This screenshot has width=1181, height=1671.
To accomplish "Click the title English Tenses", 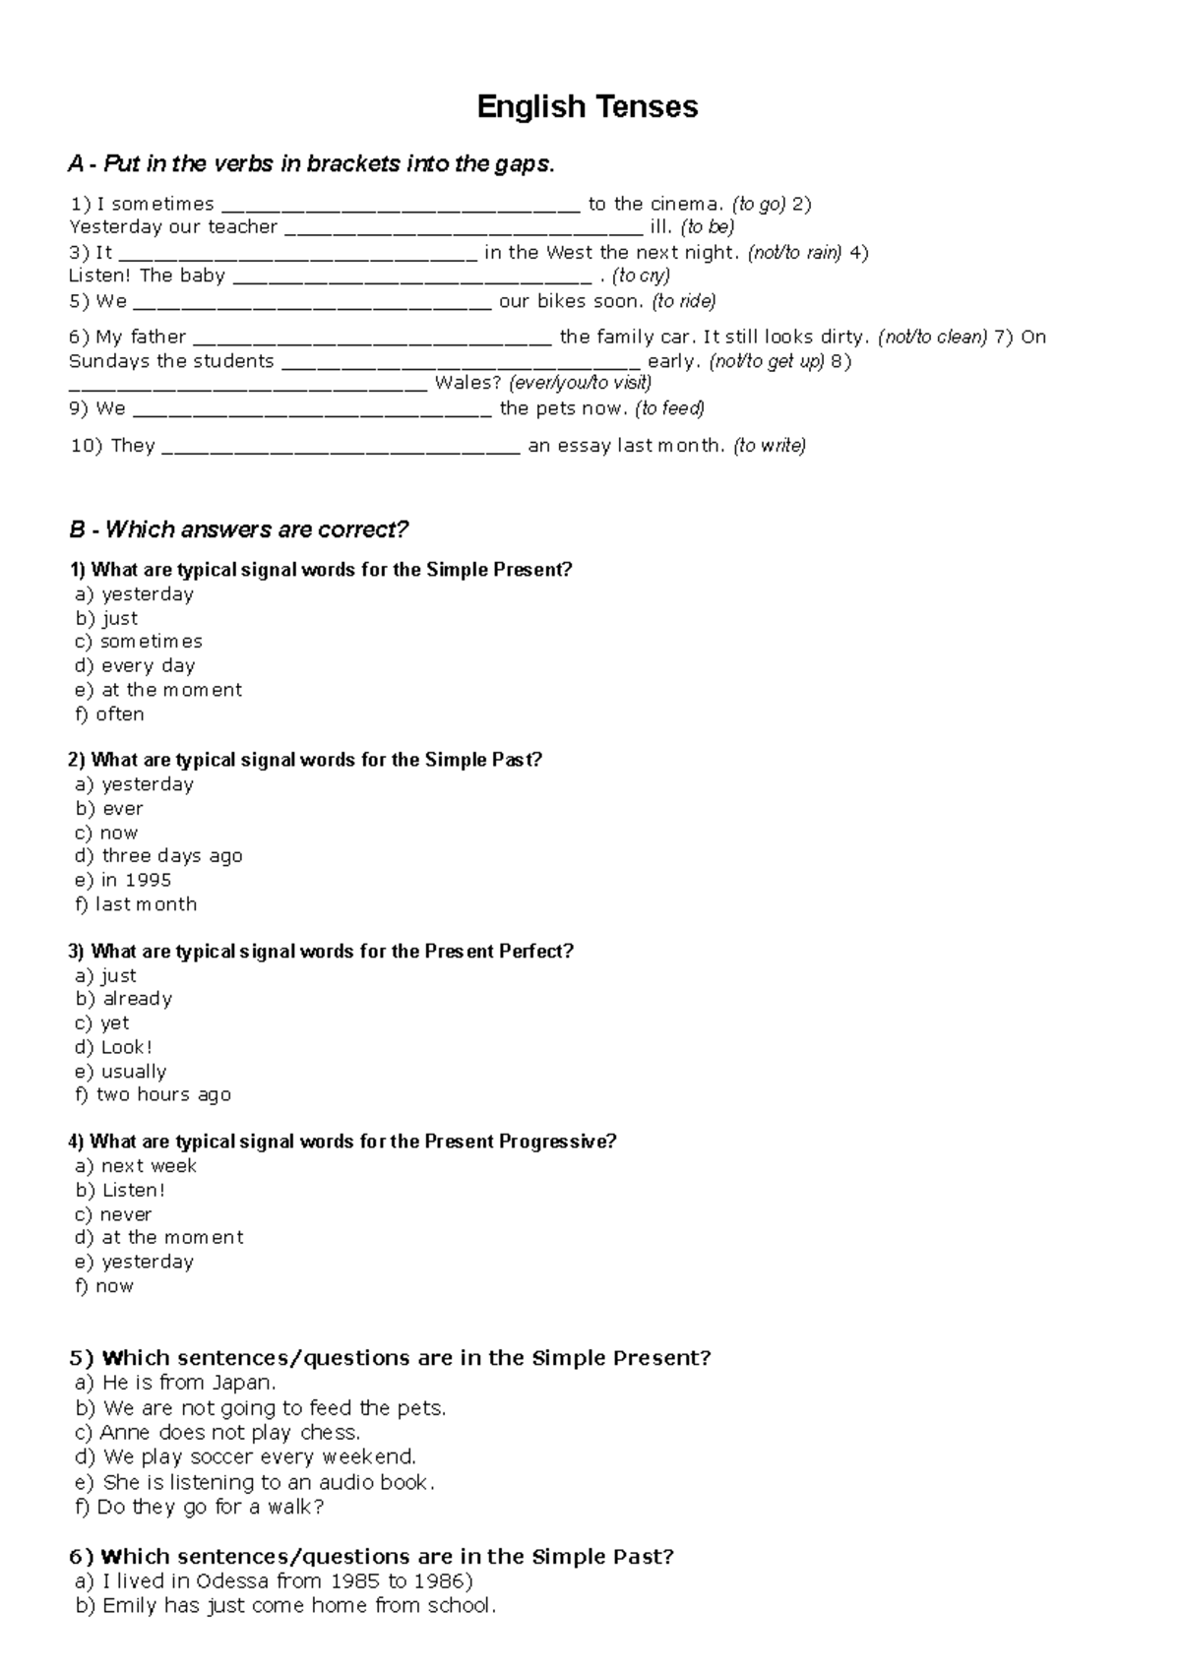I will (x=588, y=106).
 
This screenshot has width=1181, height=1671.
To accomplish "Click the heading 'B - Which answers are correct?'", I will (x=238, y=529).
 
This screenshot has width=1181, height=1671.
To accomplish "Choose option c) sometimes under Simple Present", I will (x=139, y=642).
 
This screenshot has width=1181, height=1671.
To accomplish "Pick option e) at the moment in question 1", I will (x=158, y=690).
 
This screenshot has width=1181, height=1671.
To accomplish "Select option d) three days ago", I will (x=158, y=856).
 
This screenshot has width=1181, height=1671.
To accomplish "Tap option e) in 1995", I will (x=123, y=881).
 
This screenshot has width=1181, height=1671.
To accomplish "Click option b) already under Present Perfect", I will (x=124, y=999).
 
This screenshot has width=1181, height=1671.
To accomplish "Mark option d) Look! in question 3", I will (x=114, y=1047).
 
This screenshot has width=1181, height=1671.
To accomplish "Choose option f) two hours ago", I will (x=154, y=1095).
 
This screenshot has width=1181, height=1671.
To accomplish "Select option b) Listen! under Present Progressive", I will (x=121, y=1191).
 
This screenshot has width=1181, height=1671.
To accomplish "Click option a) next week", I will (x=136, y=1166).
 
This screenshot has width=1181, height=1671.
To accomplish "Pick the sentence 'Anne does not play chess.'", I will (x=218, y=1433).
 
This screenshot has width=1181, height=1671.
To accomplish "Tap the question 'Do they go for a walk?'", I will (x=200, y=1508).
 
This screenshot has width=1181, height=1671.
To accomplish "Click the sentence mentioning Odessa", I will (x=275, y=1581).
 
